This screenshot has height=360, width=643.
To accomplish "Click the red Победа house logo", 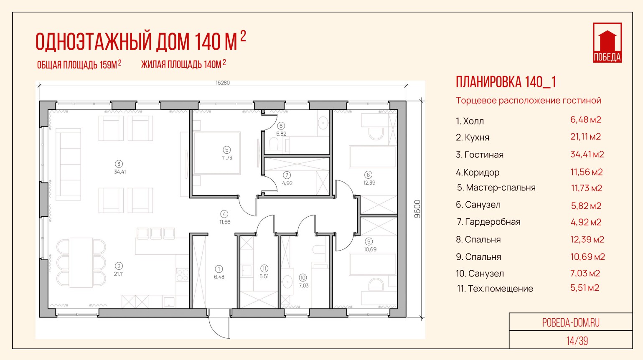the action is click(607, 43).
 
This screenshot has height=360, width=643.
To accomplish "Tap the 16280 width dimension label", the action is click(222, 83).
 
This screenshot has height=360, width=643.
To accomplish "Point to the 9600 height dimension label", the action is click(417, 209).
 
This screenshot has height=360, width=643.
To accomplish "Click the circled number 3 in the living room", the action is click(119, 164).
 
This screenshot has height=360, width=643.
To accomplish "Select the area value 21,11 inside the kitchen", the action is click(119, 274).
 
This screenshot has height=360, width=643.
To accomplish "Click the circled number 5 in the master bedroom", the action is click(226, 150).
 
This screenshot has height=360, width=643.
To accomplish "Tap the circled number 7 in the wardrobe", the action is click(287, 175).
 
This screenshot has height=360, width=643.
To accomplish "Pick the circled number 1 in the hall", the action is click(219, 269).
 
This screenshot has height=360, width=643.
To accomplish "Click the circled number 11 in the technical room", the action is click(264, 269).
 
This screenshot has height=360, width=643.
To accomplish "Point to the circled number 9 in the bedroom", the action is click(369, 241).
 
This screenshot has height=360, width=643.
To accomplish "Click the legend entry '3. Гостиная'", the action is click(480, 155).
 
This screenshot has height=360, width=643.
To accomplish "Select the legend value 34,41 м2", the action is click(587, 155).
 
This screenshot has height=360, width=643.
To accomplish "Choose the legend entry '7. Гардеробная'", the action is click(488, 222).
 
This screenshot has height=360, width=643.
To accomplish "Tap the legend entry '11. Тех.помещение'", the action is click(495, 289).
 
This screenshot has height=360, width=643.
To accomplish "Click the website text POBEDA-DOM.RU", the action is click(571, 323).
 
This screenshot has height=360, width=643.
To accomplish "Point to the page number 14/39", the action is click(577, 341).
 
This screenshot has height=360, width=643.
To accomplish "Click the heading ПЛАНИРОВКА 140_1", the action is click(506, 82).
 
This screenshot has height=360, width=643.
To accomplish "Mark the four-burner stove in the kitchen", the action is click(182, 275).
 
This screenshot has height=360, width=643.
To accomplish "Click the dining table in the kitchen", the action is click(81, 262).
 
